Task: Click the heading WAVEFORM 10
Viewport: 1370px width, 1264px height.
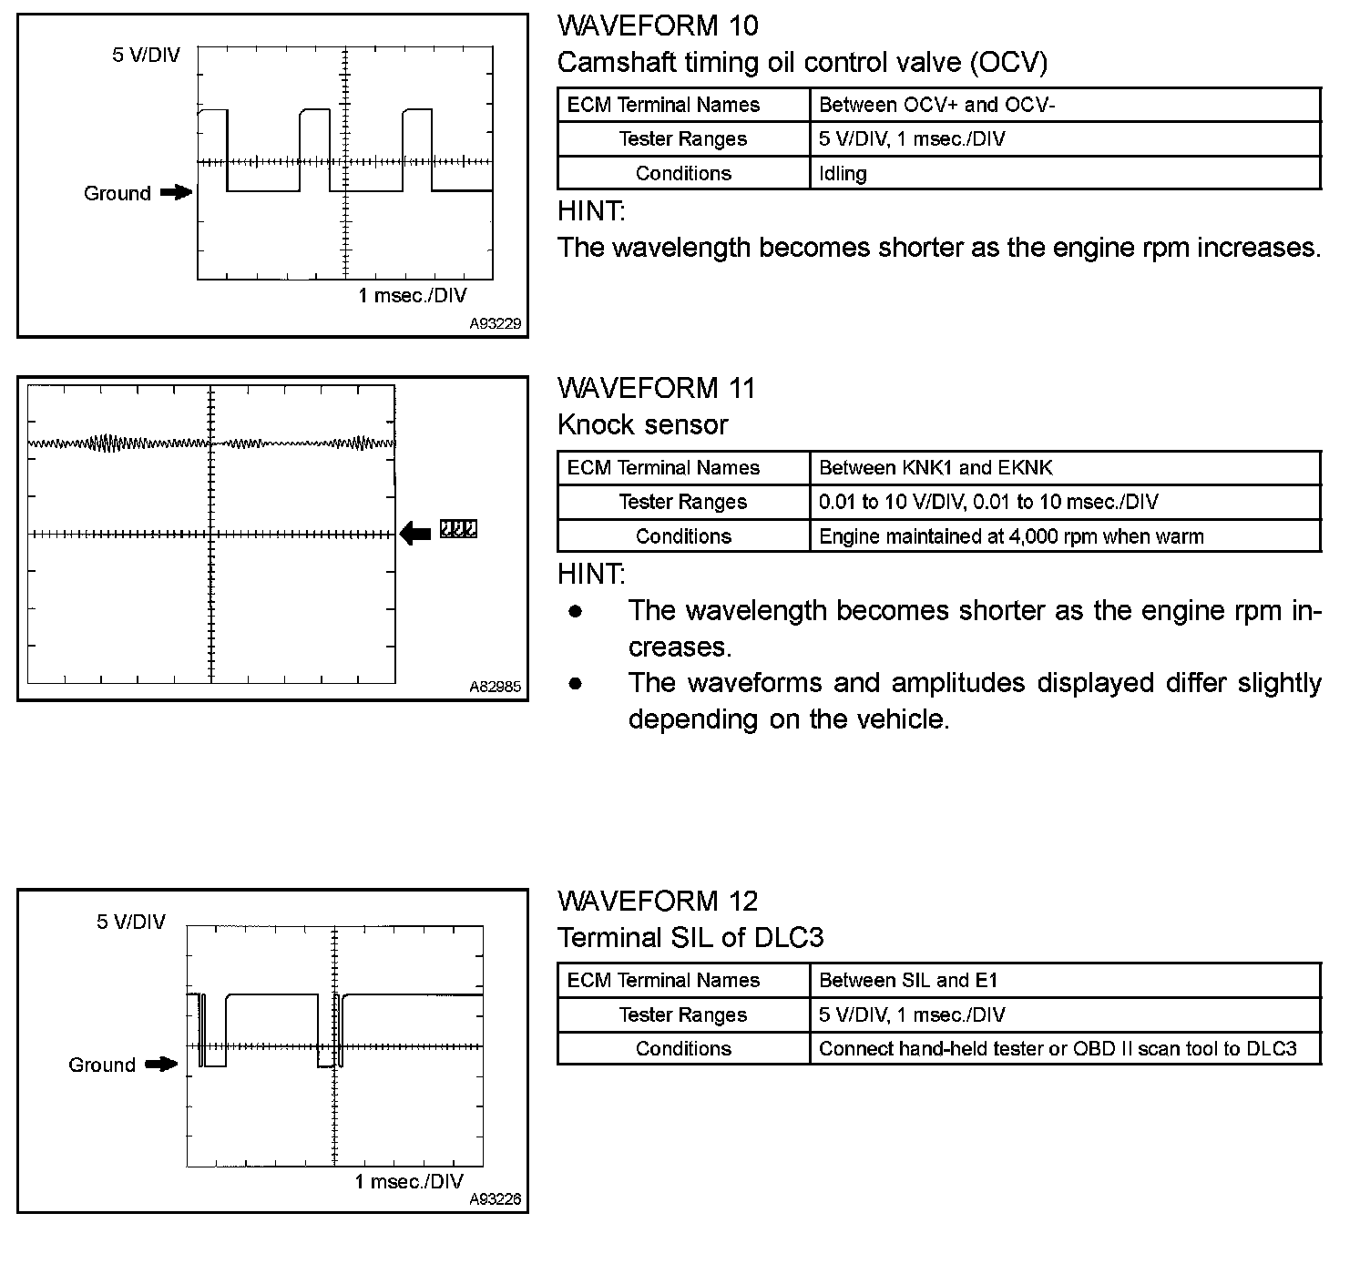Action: click(657, 25)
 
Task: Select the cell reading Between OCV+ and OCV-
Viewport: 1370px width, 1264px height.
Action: click(936, 105)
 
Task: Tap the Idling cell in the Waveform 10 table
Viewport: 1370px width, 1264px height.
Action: click(843, 173)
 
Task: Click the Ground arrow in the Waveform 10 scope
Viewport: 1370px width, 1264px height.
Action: click(176, 193)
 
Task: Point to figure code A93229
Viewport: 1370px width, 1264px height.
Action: click(496, 324)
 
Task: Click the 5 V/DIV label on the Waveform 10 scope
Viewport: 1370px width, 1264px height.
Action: click(146, 56)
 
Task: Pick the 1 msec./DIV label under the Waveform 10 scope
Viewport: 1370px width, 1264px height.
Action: click(413, 296)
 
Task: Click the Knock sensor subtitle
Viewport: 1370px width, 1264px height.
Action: click(642, 424)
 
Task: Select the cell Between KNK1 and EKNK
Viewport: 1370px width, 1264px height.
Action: click(935, 468)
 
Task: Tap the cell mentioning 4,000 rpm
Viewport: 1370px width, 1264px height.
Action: click(1011, 536)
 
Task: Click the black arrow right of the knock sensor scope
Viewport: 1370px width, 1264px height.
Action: click(415, 533)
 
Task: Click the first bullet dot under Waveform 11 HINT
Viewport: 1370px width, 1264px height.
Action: click(575, 611)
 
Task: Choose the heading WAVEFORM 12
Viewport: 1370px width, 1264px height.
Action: click(657, 902)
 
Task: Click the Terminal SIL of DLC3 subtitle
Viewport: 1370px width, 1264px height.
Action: click(690, 937)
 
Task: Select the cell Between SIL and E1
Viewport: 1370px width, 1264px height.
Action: click(908, 981)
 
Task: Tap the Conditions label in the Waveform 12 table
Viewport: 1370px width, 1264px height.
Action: click(683, 1049)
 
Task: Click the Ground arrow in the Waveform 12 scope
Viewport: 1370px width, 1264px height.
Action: click(161, 1064)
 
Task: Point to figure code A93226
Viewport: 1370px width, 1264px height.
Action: click(496, 1200)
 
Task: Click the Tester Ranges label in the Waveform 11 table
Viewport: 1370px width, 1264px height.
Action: click(683, 502)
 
